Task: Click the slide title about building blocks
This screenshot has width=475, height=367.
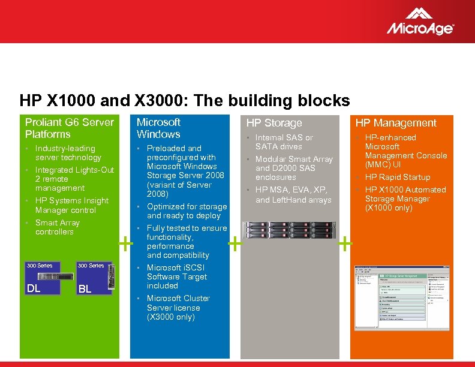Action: point(184,100)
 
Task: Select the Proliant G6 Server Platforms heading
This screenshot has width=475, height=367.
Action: point(69,128)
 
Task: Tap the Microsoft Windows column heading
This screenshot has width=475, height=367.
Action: point(158,128)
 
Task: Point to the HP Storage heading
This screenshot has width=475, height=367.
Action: point(274,123)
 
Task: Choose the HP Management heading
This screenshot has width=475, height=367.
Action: point(396,123)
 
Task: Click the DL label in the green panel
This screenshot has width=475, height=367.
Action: point(33,288)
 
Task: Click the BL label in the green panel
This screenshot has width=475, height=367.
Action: point(85,289)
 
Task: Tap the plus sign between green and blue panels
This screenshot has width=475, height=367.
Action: point(125,243)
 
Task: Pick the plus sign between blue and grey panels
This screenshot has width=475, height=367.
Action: point(235,243)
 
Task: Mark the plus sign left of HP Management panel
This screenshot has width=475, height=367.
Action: point(345,243)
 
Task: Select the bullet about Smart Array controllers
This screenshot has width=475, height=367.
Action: point(58,227)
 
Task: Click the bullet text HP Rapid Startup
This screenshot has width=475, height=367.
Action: point(398,177)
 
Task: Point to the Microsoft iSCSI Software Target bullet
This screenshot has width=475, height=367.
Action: point(177,276)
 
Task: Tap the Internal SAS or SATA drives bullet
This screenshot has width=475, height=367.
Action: point(284,142)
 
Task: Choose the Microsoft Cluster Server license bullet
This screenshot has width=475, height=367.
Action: point(178,308)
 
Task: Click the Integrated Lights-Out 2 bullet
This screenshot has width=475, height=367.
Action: point(74,179)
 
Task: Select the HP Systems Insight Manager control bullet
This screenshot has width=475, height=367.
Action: point(72,205)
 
